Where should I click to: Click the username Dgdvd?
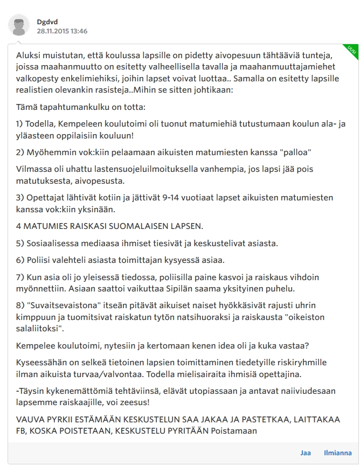point(47,22)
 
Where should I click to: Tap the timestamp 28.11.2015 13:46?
point(62,31)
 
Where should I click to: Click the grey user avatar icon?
point(19,26)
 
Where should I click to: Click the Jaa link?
point(306,453)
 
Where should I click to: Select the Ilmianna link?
point(338,453)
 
